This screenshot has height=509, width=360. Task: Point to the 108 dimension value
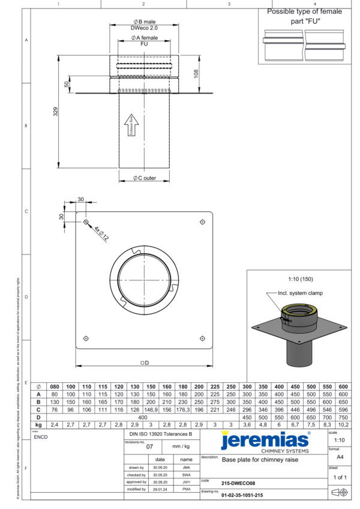[195, 73]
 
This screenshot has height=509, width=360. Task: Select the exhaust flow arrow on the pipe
[134, 127]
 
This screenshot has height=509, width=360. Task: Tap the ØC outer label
[144, 178]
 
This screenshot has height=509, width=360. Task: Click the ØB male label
[144, 22]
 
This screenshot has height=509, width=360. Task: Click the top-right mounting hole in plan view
[202, 222]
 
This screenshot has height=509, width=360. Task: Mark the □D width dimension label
[144, 363]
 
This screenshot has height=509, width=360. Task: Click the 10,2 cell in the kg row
[343, 424]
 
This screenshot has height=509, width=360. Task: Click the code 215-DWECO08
[238, 482]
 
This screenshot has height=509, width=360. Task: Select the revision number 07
[150, 447]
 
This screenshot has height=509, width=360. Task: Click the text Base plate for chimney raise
[259, 460]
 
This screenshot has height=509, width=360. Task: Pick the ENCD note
[42, 437]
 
